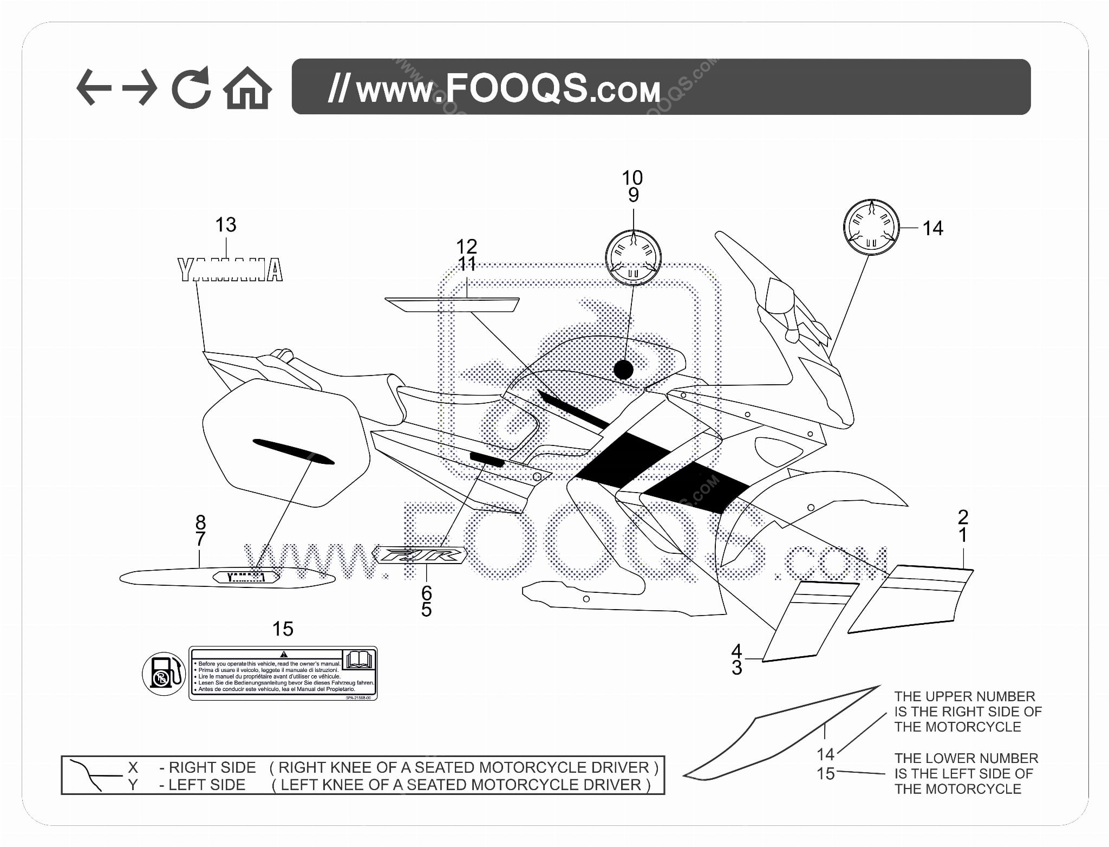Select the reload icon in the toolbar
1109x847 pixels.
191,87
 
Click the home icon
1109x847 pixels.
247,88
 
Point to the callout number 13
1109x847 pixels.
226,224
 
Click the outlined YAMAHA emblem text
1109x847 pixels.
231,270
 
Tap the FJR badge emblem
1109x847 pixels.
419,555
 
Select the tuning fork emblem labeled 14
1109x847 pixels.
871,228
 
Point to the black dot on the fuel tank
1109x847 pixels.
623,370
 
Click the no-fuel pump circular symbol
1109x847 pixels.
164,674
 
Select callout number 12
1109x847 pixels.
466,247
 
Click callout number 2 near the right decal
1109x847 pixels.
963,516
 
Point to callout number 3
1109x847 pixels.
736,668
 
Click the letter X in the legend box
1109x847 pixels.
133,767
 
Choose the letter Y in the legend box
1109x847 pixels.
133,785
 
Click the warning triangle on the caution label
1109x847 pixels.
284,654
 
